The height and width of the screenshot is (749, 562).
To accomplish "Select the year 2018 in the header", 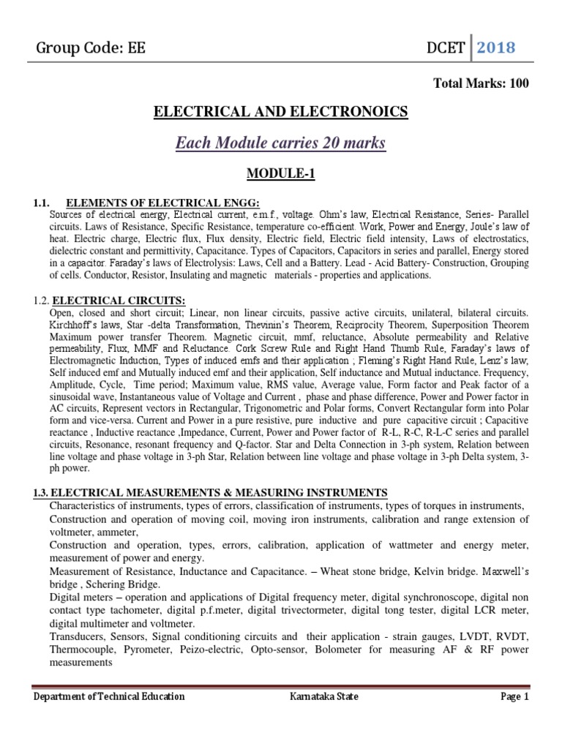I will click(x=496, y=48).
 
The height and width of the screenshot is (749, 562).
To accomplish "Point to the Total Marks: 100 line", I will click(x=481, y=83).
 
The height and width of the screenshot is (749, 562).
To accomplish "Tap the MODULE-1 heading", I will click(x=281, y=176).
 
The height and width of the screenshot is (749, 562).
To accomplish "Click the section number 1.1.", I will click(x=42, y=203).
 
